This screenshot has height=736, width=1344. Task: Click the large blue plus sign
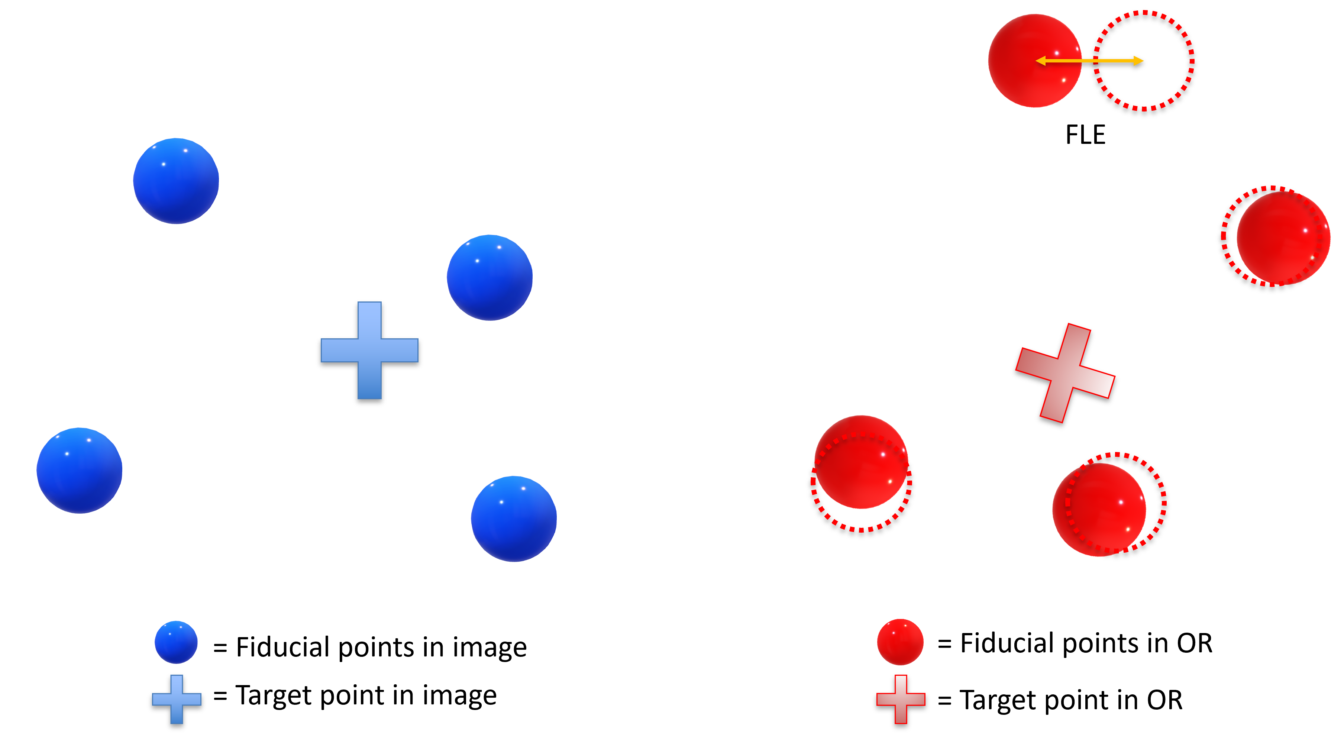[x=369, y=351]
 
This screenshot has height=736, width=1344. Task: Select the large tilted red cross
[x=1065, y=373]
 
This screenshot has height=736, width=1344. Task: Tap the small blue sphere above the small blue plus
[x=176, y=642]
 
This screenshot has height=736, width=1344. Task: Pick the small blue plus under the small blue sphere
[x=176, y=699]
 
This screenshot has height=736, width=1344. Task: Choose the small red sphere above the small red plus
[x=900, y=642]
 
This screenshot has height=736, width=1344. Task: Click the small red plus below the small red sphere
[x=901, y=699]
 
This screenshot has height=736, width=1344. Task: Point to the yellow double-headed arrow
[x=1089, y=61]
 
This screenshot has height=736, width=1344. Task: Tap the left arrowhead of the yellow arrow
[x=1040, y=61]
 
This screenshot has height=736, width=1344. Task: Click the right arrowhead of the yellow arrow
[x=1138, y=61]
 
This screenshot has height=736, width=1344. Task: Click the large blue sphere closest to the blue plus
[x=490, y=278]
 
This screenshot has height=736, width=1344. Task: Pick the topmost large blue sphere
[x=176, y=181]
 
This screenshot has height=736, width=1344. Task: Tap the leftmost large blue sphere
[x=79, y=471]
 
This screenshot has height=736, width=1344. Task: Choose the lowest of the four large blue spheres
[x=514, y=519]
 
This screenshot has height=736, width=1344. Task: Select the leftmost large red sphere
[x=861, y=462]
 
